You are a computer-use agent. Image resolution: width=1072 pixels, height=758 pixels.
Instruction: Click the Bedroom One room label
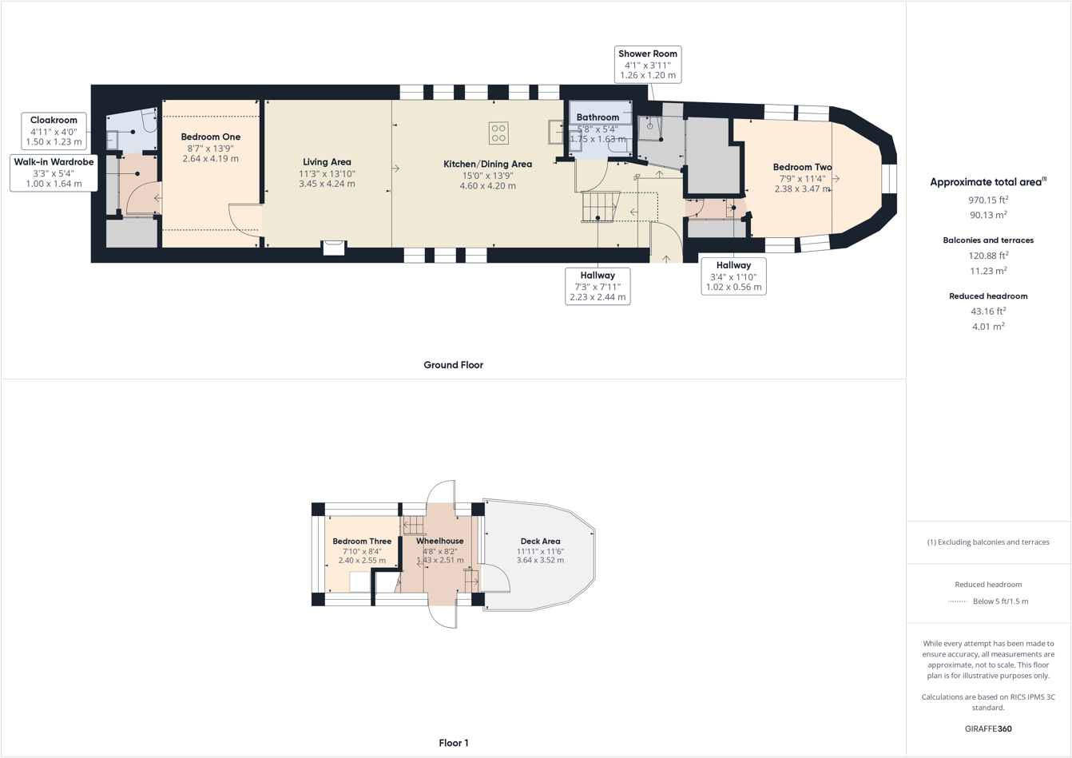210,137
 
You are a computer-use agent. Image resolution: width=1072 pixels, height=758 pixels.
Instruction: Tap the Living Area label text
327,162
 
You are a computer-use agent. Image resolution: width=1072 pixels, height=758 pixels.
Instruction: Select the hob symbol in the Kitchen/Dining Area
498,133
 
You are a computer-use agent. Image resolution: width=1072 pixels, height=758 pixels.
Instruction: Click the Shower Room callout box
647,65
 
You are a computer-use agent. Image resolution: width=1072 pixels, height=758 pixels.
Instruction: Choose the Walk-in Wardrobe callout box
54,173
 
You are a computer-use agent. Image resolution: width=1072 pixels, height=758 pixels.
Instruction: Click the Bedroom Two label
802,168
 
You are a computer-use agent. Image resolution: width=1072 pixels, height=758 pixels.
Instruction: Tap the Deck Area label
540,542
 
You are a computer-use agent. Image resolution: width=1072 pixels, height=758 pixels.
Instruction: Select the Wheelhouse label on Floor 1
439,542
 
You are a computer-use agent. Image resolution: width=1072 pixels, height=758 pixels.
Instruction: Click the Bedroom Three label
362,542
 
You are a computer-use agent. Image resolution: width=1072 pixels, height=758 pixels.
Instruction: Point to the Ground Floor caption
453,365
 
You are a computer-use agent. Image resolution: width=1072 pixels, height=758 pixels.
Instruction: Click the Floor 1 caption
453,743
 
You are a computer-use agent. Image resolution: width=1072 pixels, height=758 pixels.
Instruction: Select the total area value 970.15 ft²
988,200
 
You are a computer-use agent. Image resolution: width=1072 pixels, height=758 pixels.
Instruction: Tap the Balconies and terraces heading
988,240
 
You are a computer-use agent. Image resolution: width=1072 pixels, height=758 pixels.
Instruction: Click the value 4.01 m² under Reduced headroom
988,327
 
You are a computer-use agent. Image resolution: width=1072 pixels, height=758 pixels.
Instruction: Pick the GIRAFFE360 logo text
988,728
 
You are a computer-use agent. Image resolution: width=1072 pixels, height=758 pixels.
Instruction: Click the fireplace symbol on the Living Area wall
334,248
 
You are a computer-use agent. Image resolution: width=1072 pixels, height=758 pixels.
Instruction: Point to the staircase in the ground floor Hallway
599,206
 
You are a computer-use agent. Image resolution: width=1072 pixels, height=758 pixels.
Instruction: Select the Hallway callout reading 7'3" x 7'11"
597,286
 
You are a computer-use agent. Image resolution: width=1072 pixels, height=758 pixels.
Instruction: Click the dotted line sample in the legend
957,601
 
